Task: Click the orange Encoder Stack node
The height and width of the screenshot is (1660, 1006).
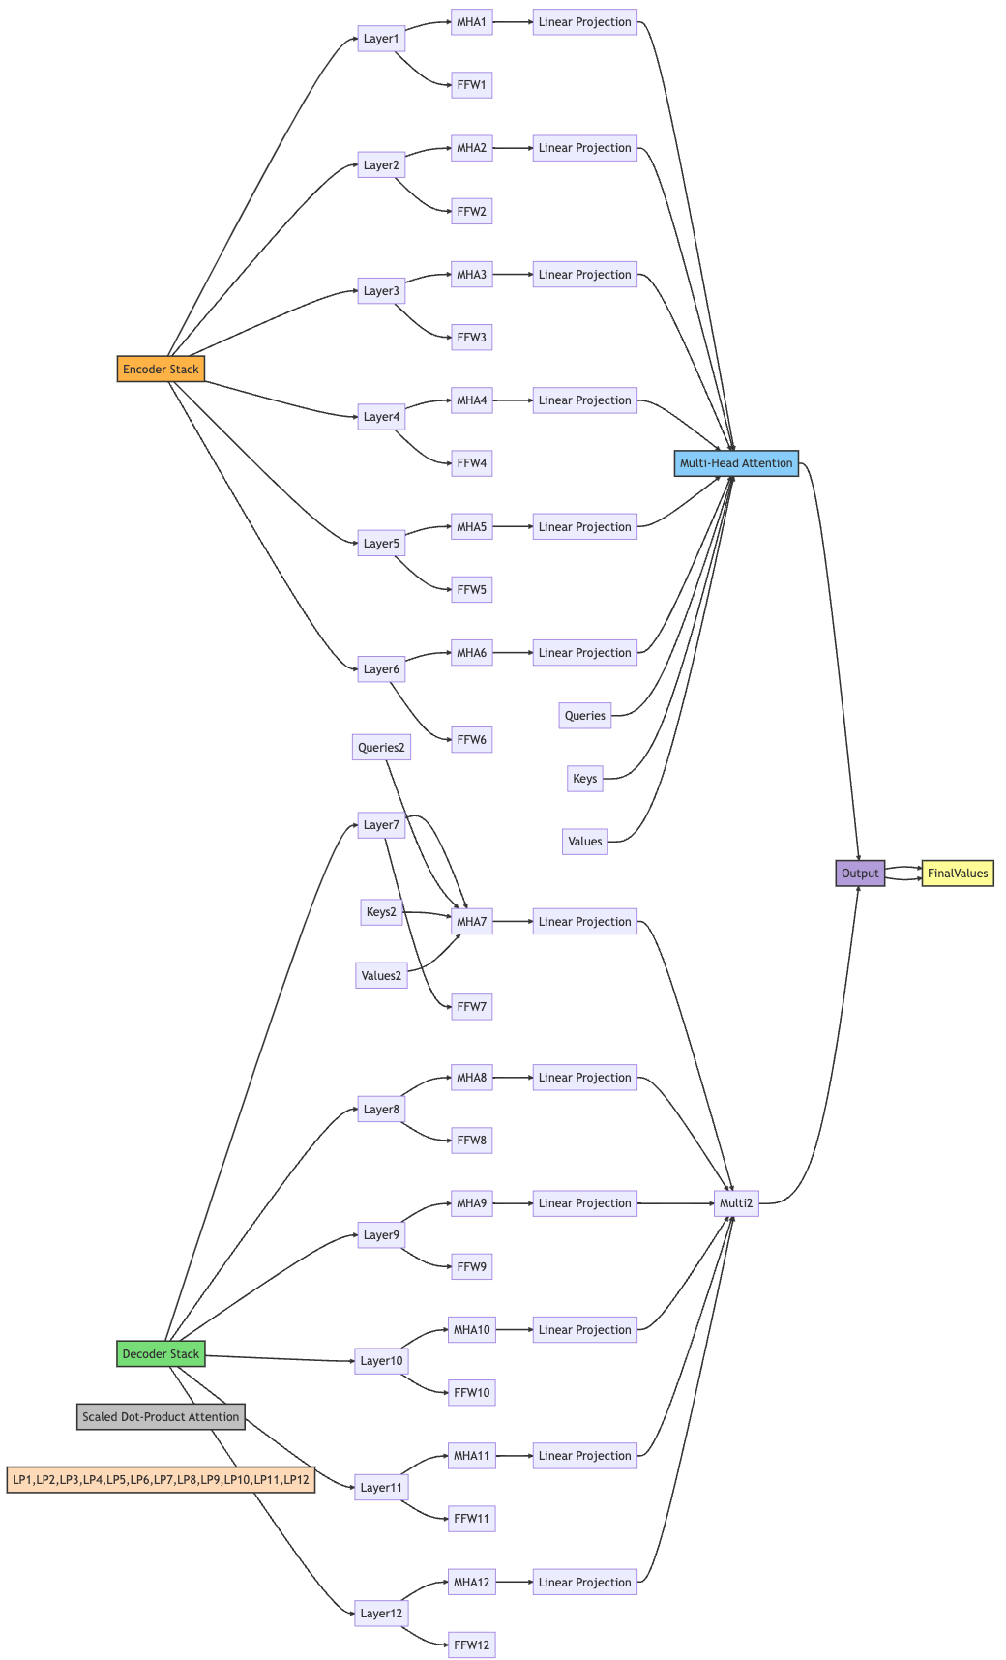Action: [161, 369]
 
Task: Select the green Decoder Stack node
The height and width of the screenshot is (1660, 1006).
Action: [161, 1353]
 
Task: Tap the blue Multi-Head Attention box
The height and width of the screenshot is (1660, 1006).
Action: [736, 463]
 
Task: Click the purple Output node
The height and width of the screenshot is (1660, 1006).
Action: [860, 873]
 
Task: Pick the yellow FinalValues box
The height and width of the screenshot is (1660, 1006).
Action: [958, 873]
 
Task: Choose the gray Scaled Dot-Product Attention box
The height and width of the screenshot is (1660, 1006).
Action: [161, 1416]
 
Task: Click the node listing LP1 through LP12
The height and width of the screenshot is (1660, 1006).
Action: [161, 1479]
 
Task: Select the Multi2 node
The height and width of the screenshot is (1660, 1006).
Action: [736, 1203]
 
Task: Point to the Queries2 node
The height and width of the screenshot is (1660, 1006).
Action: [381, 747]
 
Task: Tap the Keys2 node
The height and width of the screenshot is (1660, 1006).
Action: [381, 911]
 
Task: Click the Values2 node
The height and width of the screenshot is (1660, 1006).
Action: [381, 975]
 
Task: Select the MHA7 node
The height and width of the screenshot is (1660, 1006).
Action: [471, 922]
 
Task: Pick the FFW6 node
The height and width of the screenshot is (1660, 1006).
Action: [471, 740]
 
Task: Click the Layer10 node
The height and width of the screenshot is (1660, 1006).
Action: [381, 1361]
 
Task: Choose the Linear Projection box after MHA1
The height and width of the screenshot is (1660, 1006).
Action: [584, 22]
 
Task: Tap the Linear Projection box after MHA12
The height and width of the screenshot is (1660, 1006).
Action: [584, 1582]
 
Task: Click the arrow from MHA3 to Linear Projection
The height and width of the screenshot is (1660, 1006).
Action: [513, 275]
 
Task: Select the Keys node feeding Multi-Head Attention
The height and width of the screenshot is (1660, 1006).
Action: [584, 779]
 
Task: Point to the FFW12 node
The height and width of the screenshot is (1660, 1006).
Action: [471, 1645]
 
